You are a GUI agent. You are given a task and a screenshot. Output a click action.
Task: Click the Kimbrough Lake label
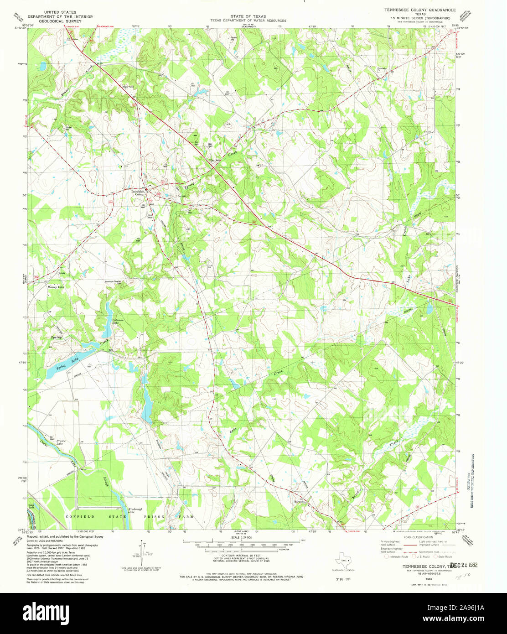point(135,510)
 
